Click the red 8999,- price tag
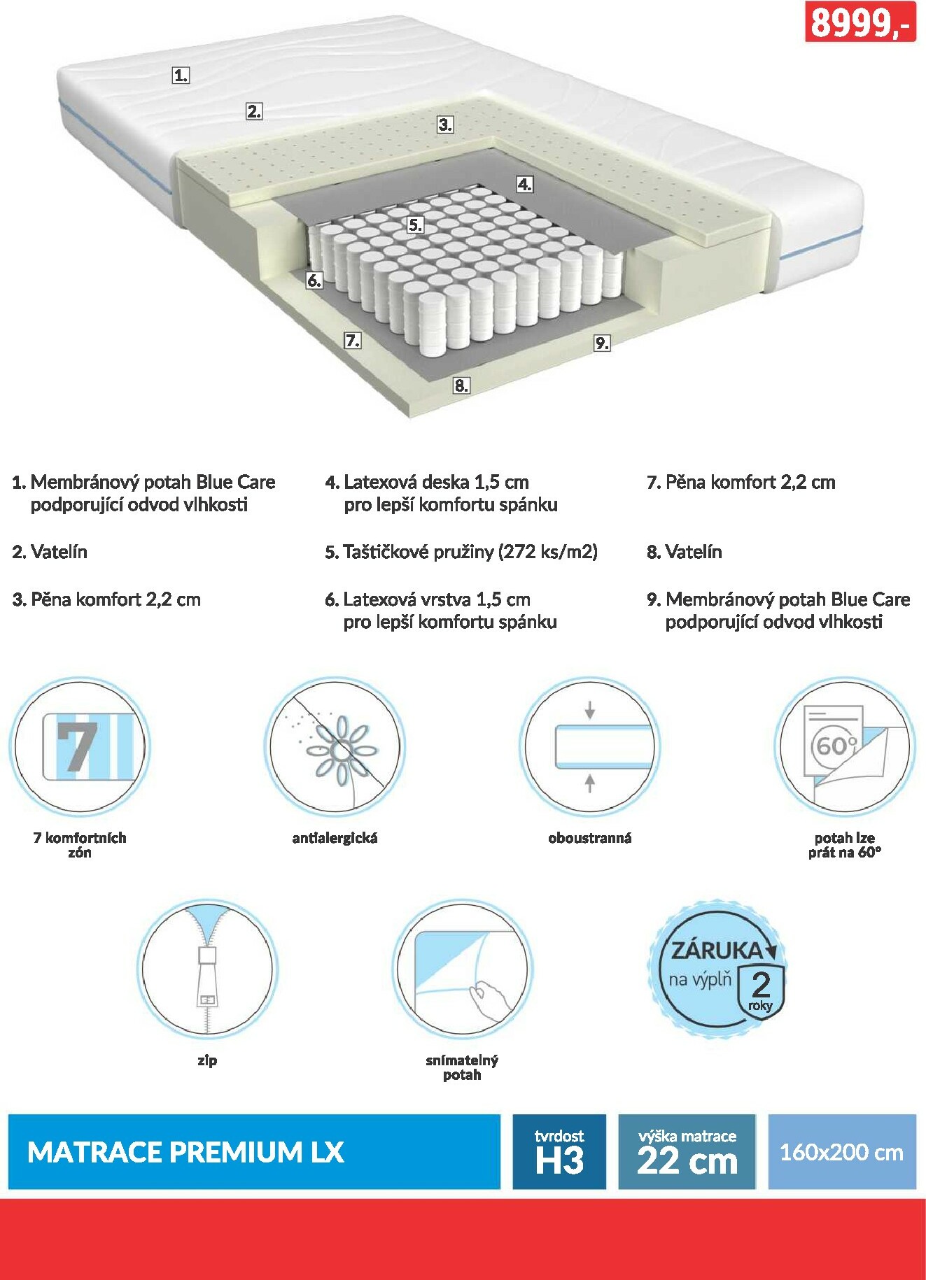tap(860, 22)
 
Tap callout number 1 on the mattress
tap(181, 75)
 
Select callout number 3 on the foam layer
tap(445, 125)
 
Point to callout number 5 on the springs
tap(416, 225)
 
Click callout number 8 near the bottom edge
tap(461, 385)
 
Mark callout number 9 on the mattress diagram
tap(602, 343)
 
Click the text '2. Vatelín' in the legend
tap(50, 552)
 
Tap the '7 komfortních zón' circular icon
tap(80, 746)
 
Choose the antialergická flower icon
tap(335, 746)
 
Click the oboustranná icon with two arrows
tap(589, 746)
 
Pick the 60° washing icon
tap(844, 746)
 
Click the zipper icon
tap(207, 969)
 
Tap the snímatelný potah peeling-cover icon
tap(462, 969)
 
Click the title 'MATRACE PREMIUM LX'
tap(185, 1152)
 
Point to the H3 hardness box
tap(559, 1151)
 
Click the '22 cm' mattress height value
tap(687, 1161)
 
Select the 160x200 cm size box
tap(842, 1151)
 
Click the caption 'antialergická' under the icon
tap(335, 838)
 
